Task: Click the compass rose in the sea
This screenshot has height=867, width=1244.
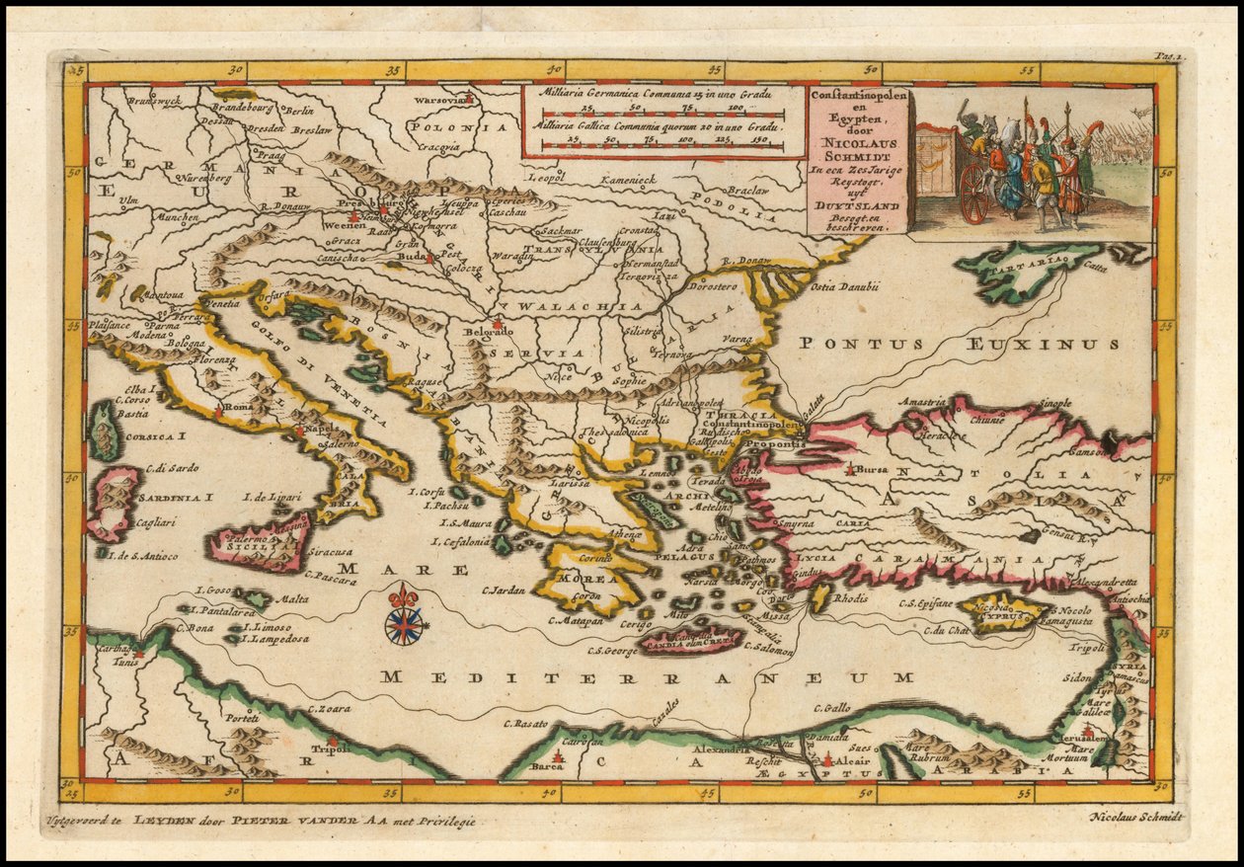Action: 404,624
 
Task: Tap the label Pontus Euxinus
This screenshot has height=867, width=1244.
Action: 959,344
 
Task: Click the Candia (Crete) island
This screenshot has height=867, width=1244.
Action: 690,642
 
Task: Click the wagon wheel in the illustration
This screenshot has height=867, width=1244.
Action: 974,194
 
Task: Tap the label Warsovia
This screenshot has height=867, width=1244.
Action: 438,101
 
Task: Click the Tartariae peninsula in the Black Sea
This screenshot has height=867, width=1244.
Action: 1017,270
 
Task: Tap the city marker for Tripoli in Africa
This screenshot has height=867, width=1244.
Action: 332,740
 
